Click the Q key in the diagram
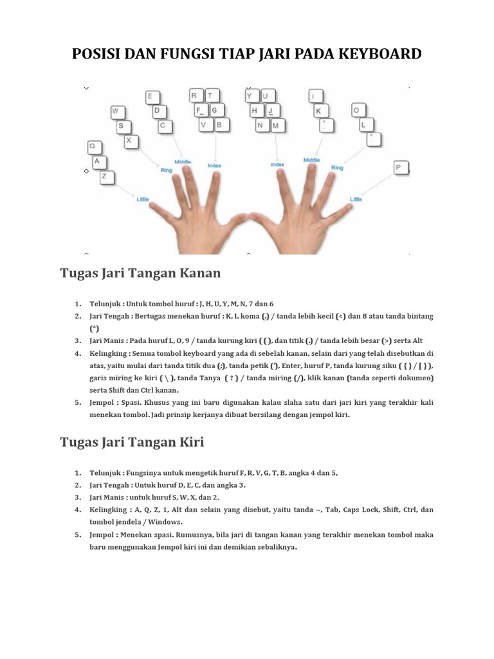pyautogui.click(x=95, y=147)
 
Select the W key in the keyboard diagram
pyautogui.click(x=116, y=111)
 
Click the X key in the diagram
pyautogui.click(x=131, y=140)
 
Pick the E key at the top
pyautogui.click(x=152, y=97)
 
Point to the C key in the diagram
pyautogui.click(x=165, y=126)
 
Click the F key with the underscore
pyautogui.click(x=201, y=110)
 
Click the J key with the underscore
pyautogui.click(x=272, y=111)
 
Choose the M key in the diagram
pyautogui.click(x=277, y=125)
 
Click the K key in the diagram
pyautogui.click(x=317, y=111)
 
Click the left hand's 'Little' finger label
pyautogui.click(x=143, y=199)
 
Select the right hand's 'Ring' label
pyautogui.click(x=336, y=168)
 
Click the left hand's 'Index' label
pyautogui.click(x=214, y=165)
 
